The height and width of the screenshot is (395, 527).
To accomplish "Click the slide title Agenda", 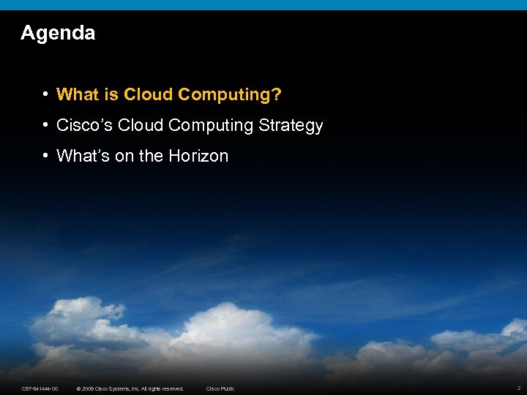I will pyautogui.click(x=58, y=33).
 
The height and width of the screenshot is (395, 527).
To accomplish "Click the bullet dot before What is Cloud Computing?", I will pyautogui.click(x=45, y=94).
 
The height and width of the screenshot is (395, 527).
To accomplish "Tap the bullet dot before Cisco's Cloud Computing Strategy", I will pyautogui.click(x=45, y=125).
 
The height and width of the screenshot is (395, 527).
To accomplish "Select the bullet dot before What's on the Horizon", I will pyautogui.click(x=45, y=156).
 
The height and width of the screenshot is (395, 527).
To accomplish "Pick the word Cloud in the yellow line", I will pyautogui.click(x=149, y=94).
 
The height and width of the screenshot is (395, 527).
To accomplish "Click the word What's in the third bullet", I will pyautogui.click(x=83, y=156).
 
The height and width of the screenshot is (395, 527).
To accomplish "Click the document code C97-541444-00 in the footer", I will pyautogui.click(x=40, y=388).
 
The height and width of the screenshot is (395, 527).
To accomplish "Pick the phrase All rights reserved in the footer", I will pyautogui.click(x=162, y=388).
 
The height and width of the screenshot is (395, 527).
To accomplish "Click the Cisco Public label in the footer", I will pyautogui.click(x=220, y=388).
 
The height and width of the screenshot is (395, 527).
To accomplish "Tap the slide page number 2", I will pyautogui.click(x=518, y=388).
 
